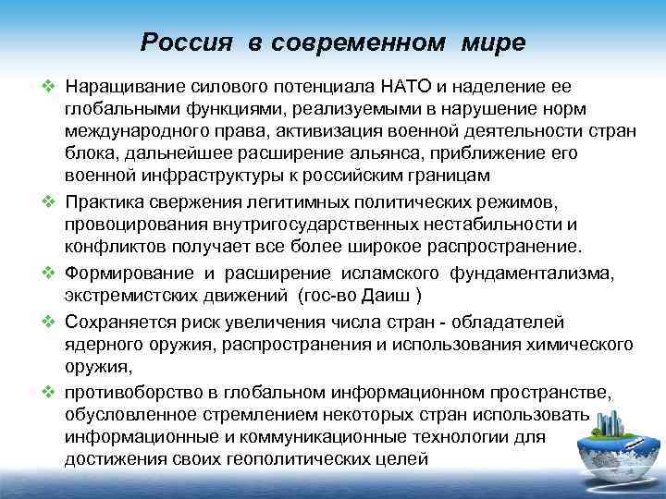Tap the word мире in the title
pos(491,43)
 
